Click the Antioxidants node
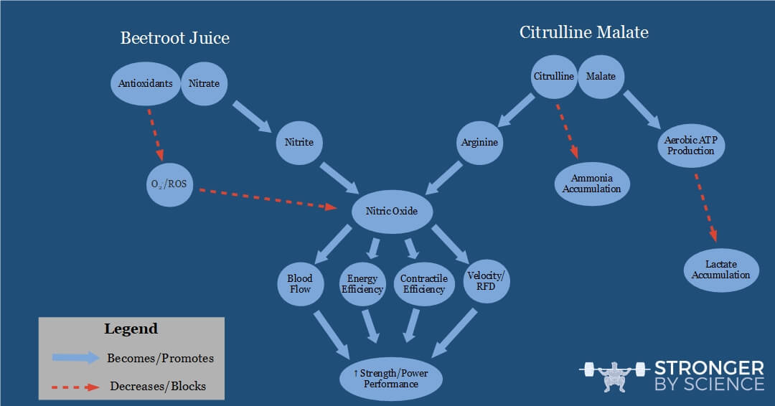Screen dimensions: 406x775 pyautogui.click(x=146, y=83)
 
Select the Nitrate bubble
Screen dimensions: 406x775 pyautogui.click(x=204, y=83)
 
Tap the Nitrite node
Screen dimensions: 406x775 pyautogui.click(x=299, y=142)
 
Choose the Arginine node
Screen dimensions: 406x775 pyautogui.click(x=479, y=142)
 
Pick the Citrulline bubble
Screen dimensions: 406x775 pyautogui.click(x=553, y=77)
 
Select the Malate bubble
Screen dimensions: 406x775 pyautogui.click(x=601, y=77)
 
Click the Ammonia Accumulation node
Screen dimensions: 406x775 pyautogui.click(x=591, y=184)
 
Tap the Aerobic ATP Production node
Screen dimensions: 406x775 pyautogui.click(x=690, y=146)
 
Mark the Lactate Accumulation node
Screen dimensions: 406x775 pyautogui.click(x=720, y=270)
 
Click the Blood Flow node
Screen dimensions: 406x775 pyautogui.click(x=299, y=283)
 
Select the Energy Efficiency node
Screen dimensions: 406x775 pyautogui.click(x=362, y=284)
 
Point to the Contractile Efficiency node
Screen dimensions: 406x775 pyautogui.click(x=423, y=284)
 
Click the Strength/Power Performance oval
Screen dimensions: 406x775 pyautogui.click(x=391, y=378)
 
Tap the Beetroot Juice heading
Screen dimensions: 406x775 pyautogui.click(x=174, y=37)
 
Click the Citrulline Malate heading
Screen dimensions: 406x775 pyautogui.click(x=584, y=32)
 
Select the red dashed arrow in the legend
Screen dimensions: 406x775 pyautogui.click(x=75, y=386)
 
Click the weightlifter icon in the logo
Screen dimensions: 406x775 pyautogui.click(x=613, y=376)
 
